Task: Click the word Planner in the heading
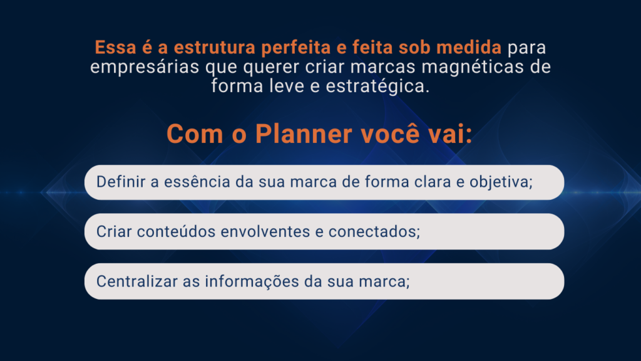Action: tap(304, 134)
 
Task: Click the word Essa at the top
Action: tap(115, 48)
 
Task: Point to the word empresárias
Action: tap(145, 67)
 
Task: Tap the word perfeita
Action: tap(296, 48)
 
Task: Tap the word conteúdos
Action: tap(176, 232)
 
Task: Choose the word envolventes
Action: tap(265, 232)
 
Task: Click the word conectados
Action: tap(374, 232)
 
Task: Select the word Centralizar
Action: tap(137, 281)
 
